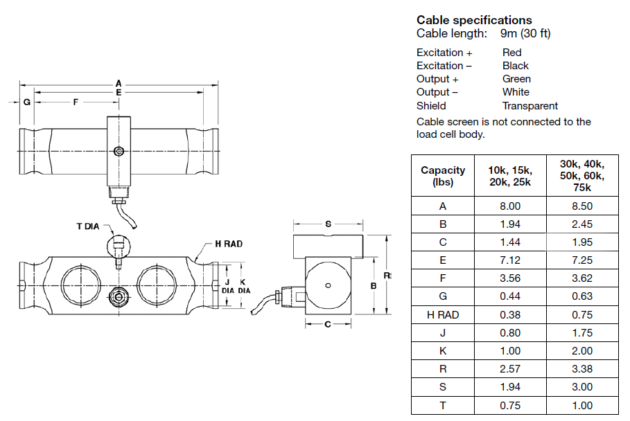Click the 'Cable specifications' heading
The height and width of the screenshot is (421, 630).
(x=474, y=20)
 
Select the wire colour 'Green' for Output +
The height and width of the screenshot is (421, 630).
(x=516, y=79)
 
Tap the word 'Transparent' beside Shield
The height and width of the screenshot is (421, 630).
(x=530, y=106)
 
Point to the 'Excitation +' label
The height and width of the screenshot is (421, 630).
(x=444, y=53)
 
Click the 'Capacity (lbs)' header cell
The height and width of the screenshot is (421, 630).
(x=443, y=176)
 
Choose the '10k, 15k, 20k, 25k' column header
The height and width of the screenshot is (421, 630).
(x=509, y=176)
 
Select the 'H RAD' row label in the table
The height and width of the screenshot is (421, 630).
(x=443, y=314)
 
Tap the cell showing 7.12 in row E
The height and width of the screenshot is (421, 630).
(x=509, y=260)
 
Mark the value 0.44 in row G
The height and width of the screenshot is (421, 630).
(x=509, y=296)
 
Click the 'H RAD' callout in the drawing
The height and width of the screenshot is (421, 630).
(x=229, y=244)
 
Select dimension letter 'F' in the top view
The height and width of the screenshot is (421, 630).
(x=76, y=102)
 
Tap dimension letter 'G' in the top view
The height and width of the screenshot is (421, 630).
(x=26, y=102)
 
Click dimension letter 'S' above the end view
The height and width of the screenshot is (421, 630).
(x=328, y=224)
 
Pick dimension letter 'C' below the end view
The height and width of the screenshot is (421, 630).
(x=328, y=324)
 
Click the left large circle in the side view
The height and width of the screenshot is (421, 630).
(x=79, y=284)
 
